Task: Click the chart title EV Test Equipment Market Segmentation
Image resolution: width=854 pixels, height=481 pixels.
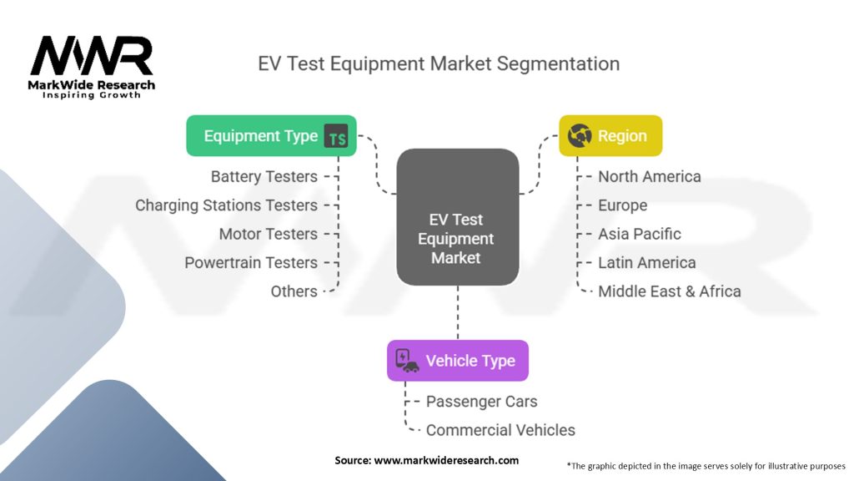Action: [439, 64]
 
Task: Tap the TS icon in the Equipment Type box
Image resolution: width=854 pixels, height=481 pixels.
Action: [336, 137]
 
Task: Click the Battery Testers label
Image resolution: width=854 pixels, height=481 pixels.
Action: [264, 177]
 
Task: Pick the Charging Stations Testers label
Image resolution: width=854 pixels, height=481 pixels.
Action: [226, 205]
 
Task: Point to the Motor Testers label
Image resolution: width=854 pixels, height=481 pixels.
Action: [268, 234]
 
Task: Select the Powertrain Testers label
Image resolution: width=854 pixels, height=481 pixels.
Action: [250, 262]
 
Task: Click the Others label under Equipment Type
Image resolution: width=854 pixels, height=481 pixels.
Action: [294, 291]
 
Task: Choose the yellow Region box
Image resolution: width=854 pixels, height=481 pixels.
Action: [610, 136]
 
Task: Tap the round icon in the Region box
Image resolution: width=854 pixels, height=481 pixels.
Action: [579, 136]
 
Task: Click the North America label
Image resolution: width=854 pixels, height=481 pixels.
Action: [649, 177]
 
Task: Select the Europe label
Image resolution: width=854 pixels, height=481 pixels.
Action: [622, 205]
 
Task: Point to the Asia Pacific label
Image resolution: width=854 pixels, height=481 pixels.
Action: [639, 234]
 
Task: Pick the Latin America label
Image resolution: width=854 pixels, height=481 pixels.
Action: [646, 262]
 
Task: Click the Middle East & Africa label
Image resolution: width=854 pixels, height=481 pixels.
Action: [669, 291]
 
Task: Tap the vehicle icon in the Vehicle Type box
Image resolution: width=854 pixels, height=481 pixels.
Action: [406, 361]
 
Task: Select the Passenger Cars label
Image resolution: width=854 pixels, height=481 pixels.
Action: [481, 402]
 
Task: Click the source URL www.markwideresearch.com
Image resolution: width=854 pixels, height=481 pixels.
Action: [446, 460]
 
